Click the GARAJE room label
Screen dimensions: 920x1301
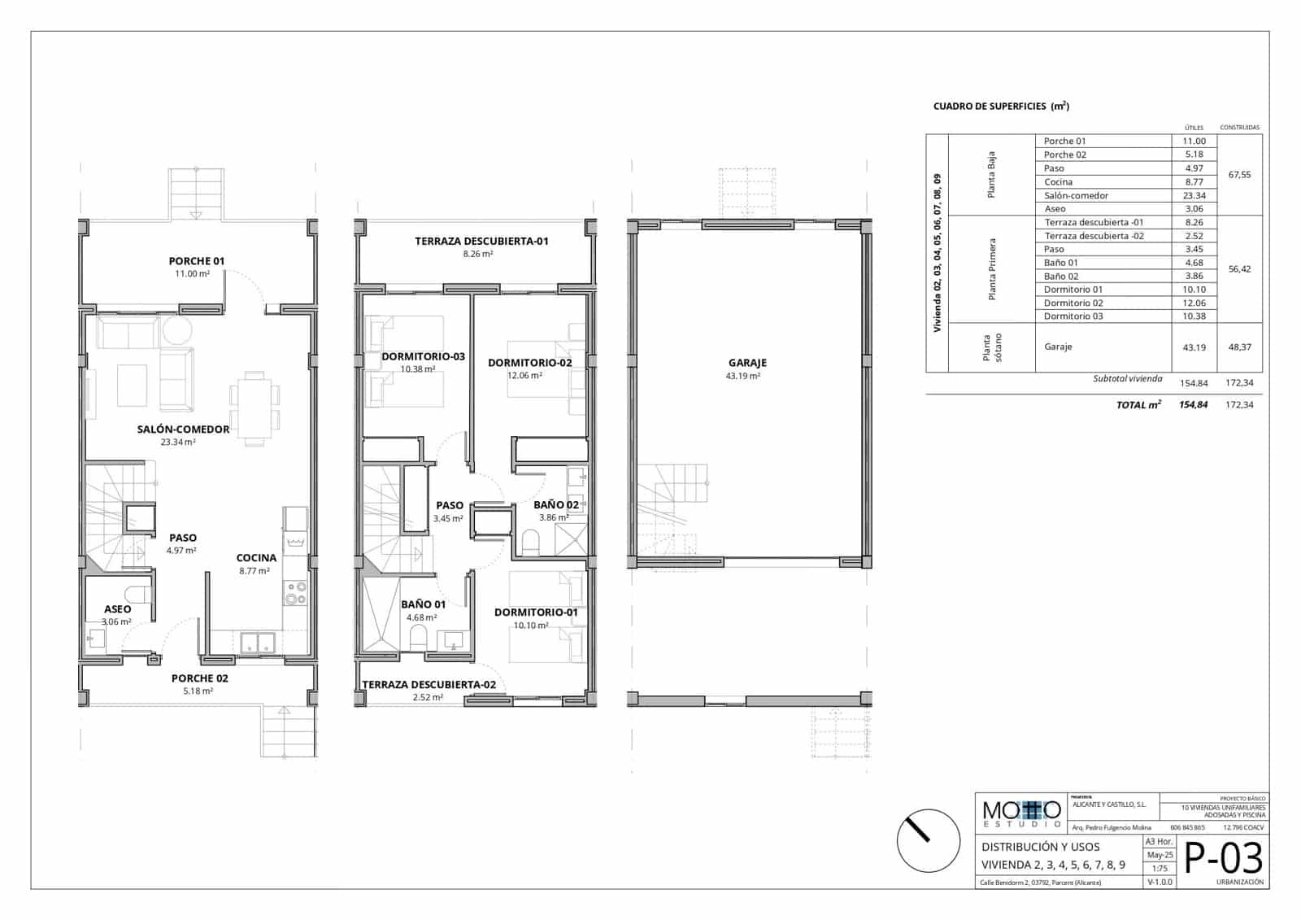pyautogui.click(x=747, y=363)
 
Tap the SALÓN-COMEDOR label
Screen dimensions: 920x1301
pyautogui.click(x=183, y=429)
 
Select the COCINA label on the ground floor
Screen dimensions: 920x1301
pyautogui.click(x=256, y=558)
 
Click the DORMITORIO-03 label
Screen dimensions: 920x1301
pyautogui.click(x=423, y=356)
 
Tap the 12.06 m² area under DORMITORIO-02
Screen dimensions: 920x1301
pyautogui.click(x=524, y=376)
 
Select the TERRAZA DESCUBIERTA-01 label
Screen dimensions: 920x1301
pyautogui.click(x=481, y=241)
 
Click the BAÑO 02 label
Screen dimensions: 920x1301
pyautogui.click(x=556, y=504)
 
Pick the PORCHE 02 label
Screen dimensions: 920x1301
pyautogui.click(x=199, y=678)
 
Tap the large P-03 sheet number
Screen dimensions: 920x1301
pyautogui.click(x=1223, y=858)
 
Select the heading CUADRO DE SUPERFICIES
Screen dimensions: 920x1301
pyautogui.click(x=1000, y=107)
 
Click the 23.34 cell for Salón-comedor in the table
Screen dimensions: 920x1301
pyautogui.click(x=1194, y=195)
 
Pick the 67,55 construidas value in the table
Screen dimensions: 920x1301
pyautogui.click(x=1239, y=174)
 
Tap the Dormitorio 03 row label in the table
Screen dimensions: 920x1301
pyautogui.click(x=1073, y=316)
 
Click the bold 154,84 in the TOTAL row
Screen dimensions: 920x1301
pyautogui.click(x=1193, y=404)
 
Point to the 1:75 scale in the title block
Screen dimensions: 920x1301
pyautogui.click(x=1159, y=869)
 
